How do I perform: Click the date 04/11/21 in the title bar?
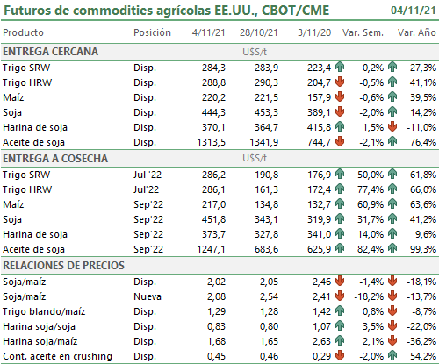point(413,11)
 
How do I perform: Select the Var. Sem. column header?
point(363,32)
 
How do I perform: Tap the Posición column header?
point(152,32)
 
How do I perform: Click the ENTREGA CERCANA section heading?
point(50,52)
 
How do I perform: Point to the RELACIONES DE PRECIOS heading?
point(63,266)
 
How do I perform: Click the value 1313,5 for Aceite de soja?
point(211,142)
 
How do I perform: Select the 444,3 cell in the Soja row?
point(213,112)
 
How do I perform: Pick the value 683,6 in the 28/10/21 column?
point(266,249)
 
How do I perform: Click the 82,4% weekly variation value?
point(371,249)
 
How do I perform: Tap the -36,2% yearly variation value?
point(421,341)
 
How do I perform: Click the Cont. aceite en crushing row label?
point(57,356)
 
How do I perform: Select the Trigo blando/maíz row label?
point(44,311)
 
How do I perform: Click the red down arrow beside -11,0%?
point(392,127)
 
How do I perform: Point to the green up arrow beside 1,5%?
point(340,127)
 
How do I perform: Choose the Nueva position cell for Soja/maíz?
point(148,296)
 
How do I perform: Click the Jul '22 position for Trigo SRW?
point(148,175)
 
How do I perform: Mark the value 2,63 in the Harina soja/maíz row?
point(321,341)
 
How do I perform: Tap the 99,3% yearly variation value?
point(423,249)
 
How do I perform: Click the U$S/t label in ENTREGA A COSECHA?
point(255,159)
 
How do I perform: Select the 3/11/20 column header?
point(314,32)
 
